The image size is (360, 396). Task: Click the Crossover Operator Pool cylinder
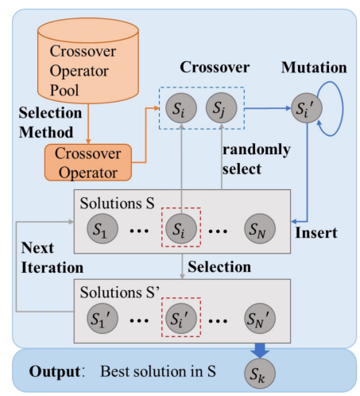coord(88,60)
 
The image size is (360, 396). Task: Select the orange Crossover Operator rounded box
coord(88,162)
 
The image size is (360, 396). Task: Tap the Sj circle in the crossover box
coord(221,108)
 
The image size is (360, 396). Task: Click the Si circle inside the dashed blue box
coord(181,108)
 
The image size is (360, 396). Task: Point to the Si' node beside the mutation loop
coord(307,108)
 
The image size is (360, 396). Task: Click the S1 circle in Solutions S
coord(103,229)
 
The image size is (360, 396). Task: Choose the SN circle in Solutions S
coord(260,229)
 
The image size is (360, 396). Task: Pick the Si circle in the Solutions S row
coord(181,229)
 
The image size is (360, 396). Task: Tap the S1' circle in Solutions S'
coord(103,318)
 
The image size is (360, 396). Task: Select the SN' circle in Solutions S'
coord(260,318)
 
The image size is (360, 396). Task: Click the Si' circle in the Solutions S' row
coord(181,318)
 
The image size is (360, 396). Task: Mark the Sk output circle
coord(260,373)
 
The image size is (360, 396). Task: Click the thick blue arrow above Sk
coord(260,351)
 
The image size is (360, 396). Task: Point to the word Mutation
coord(314,68)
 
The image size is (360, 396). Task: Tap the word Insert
coord(316,233)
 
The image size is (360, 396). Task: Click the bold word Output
coord(55,371)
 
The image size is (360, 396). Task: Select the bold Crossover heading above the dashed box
coord(215,67)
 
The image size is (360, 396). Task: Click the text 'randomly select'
coord(256,159)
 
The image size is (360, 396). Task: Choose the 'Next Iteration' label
coord(52,258)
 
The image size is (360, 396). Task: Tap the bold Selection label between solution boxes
coord(219,266)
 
